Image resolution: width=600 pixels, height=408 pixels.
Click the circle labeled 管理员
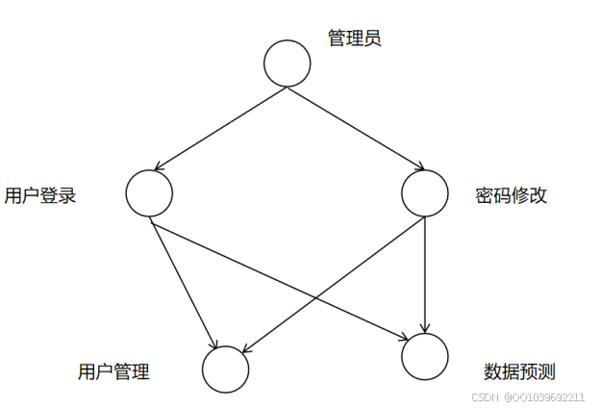287,64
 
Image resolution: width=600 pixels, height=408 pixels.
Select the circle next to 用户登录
149,192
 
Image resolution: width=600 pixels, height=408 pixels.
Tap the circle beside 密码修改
425,192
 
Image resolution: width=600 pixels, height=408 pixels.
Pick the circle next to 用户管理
226,369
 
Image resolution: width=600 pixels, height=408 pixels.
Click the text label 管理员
355,39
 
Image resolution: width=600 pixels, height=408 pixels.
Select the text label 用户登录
40,196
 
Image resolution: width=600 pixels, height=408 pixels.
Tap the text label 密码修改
512,195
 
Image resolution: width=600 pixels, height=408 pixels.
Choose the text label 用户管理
113,371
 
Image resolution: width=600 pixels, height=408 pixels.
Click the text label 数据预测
520,371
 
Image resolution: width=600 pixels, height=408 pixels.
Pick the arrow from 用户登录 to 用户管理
183,284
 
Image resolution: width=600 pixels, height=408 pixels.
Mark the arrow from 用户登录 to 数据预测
279,280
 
